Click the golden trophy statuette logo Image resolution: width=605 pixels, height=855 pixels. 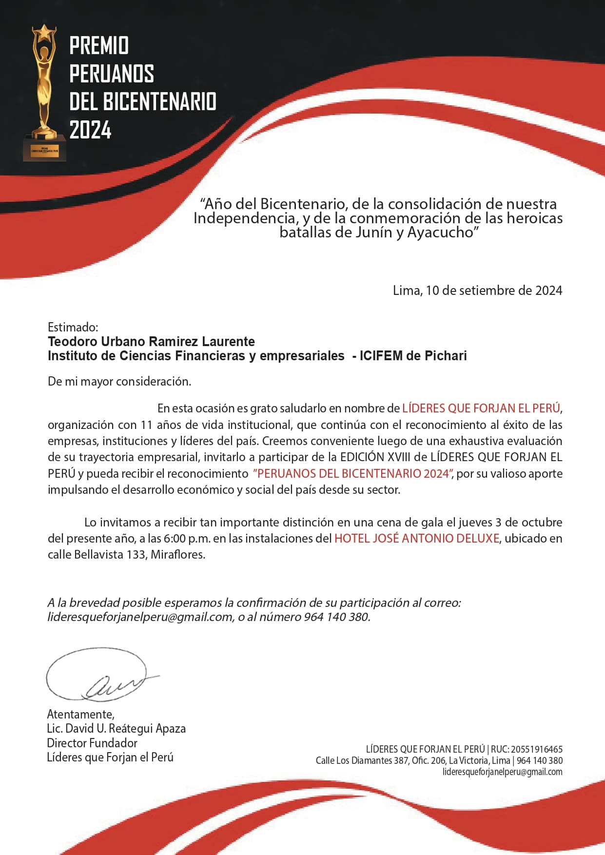44,93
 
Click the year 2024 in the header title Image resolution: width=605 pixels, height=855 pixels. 90,130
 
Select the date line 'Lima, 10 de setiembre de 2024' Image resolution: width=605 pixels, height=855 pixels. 477,291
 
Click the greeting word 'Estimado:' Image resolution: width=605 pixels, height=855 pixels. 73,327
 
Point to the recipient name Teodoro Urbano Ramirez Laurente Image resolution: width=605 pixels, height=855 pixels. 151,341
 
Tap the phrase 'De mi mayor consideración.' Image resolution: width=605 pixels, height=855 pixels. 119,381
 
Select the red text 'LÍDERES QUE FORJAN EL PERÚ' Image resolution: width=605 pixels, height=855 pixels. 481,408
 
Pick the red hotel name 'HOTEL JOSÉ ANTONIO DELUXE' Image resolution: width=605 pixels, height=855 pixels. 417,538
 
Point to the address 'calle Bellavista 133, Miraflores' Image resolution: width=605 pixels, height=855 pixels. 126,554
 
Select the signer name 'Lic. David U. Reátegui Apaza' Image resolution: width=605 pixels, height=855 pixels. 116,728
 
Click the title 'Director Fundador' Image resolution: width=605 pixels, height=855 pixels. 92,743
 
